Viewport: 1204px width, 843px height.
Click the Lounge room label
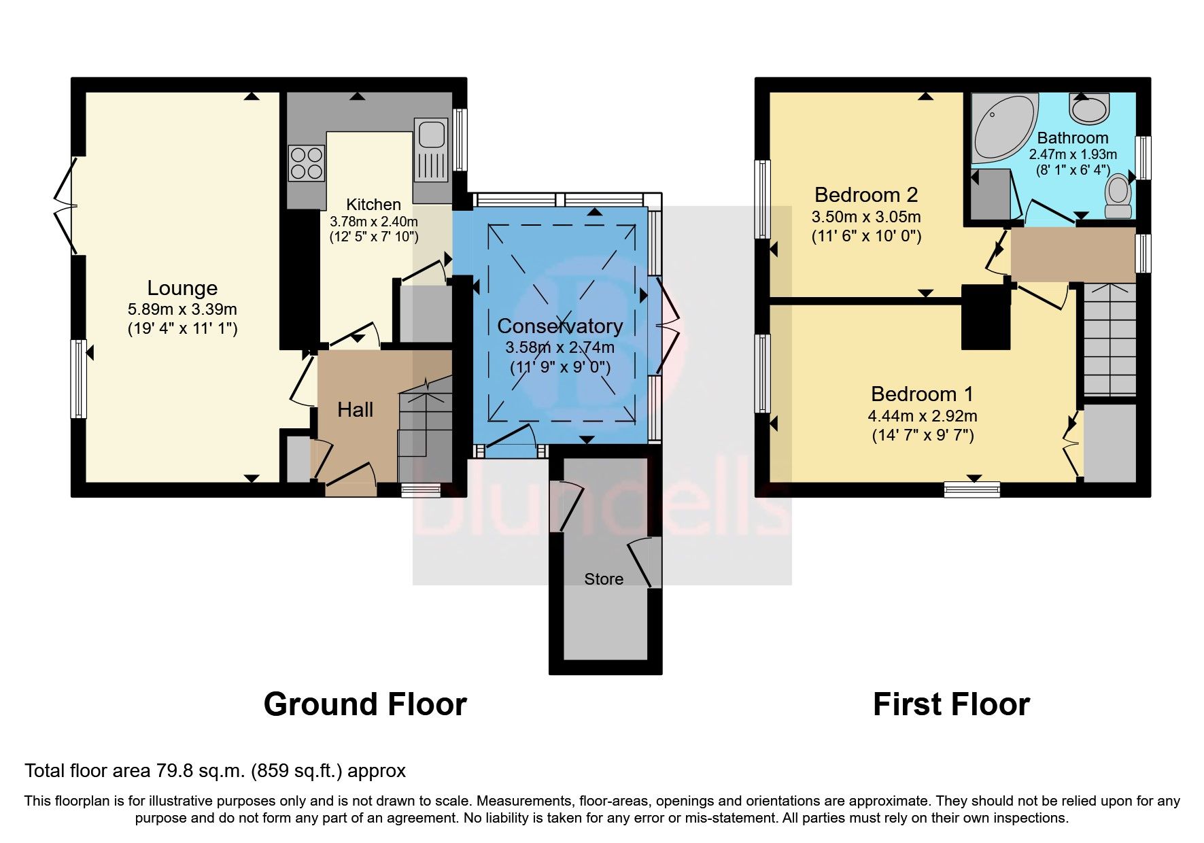tap(182, 288)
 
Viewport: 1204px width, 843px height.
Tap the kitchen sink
tap(431, 134)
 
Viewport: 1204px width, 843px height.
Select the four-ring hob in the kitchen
tap(306, 163)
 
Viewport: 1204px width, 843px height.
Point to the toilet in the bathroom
tap(1118, 197)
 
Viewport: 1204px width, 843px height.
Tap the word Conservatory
tap(560, 326)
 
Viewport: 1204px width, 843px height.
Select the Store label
tap(604, 579)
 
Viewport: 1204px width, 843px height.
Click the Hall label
tap(356, 410)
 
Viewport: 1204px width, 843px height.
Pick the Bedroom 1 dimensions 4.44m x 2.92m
tap(923, 416)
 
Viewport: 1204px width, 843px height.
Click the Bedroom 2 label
tap(866, 195)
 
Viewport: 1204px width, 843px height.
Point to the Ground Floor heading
tap(365, 704)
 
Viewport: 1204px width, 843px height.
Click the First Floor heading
tap(951, 704)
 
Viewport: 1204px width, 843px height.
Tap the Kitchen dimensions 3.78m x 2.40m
tap(373, 222)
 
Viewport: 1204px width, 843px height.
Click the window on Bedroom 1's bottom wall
tap(972, 489)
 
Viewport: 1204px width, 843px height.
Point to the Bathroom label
tap(1073, 138)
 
